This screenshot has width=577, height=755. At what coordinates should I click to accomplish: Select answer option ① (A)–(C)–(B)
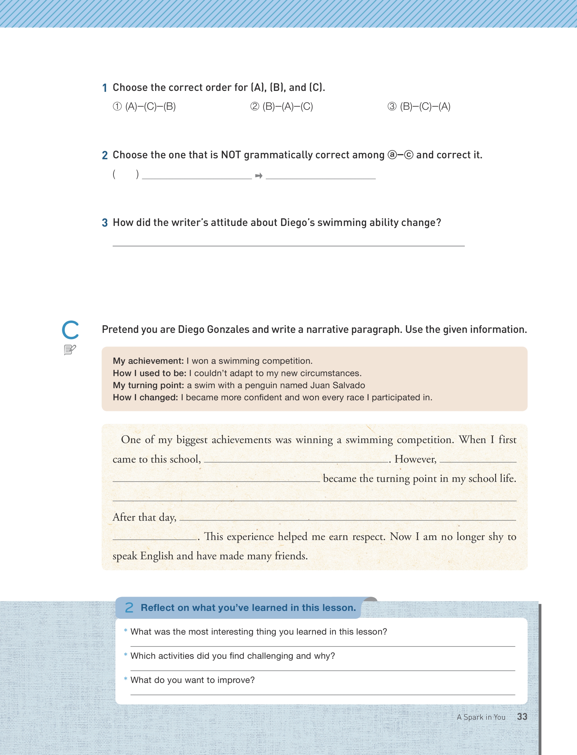[144, 107]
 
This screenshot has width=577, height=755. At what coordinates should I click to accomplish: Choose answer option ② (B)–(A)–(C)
[282, 107]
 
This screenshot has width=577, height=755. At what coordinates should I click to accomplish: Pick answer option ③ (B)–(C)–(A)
[419, 107]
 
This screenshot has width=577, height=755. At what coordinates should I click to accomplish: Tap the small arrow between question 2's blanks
[259, 176]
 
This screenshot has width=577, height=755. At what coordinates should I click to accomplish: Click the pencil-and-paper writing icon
[70, 350]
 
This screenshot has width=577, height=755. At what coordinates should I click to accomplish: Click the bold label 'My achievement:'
[148, 361]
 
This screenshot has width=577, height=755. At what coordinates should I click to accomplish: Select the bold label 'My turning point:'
[148, 385]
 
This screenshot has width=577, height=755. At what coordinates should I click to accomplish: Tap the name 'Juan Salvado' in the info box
[337, 385]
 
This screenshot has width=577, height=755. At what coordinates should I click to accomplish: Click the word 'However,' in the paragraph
[415, 459]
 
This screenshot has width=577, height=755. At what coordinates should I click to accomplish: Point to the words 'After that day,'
[145, 517]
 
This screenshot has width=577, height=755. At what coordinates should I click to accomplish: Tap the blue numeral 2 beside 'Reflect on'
[129, 608]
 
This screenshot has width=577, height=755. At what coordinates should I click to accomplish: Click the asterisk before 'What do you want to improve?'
[126, 679]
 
